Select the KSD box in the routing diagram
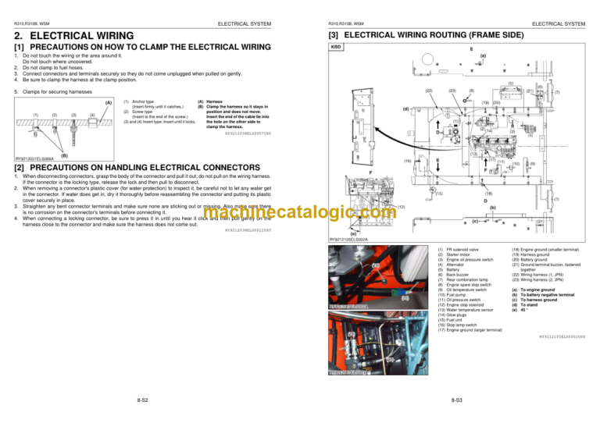click(x=337, y=47)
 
